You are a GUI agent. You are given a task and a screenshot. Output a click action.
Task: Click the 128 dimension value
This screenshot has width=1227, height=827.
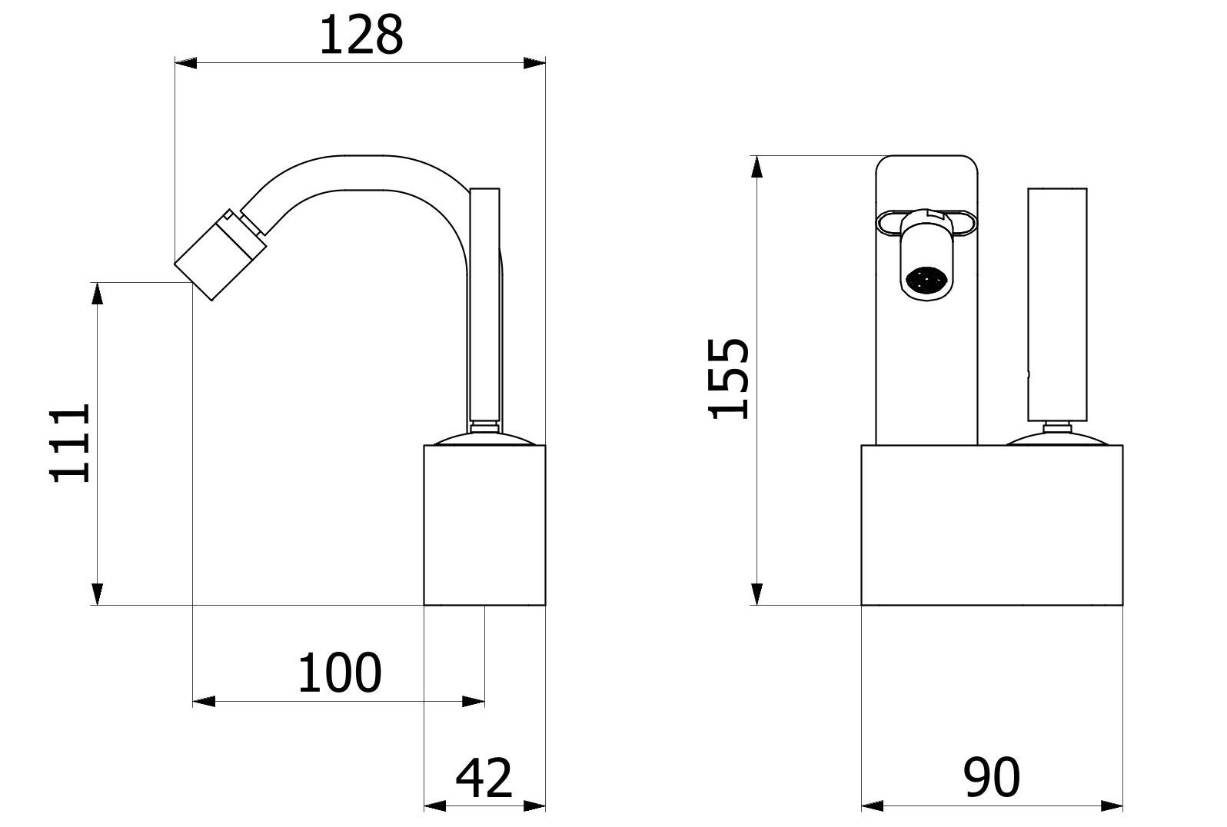[361, 35]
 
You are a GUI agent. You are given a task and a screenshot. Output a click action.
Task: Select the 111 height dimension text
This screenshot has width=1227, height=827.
[71, 443]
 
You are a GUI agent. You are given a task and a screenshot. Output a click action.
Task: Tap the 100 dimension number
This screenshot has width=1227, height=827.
[339, 673]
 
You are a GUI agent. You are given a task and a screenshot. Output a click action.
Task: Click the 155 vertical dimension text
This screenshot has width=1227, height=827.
[727, 378]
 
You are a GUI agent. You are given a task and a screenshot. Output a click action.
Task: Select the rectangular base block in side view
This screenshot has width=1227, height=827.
[485, 525]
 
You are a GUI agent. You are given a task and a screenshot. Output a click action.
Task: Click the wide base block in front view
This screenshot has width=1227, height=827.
[992, 525]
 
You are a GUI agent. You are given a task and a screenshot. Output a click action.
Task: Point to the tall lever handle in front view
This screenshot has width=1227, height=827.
[1057, 304]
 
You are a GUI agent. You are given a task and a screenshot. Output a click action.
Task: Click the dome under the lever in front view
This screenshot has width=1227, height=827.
[1057, 440]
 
